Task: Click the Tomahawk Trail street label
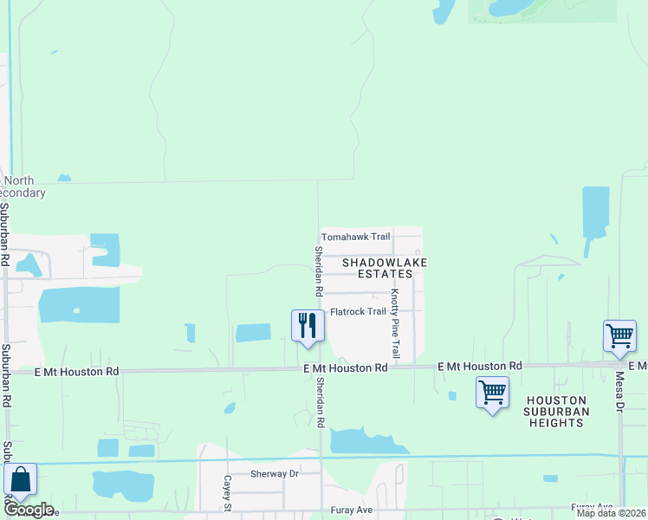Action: click(356, 237)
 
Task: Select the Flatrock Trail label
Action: click(358, 312)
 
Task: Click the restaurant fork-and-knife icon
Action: click(308, 326)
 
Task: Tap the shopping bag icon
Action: click(20, 479)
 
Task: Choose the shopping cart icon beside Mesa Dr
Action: click(619, 335)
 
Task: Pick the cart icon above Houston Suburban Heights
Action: click(492, 392)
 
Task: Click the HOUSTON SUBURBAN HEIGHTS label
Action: click(555, 411)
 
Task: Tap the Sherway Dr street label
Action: click(274, 474)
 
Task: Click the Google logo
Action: click(29, 510)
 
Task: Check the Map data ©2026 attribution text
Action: click(611, 513)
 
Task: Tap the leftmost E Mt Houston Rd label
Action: click(76, 371)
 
